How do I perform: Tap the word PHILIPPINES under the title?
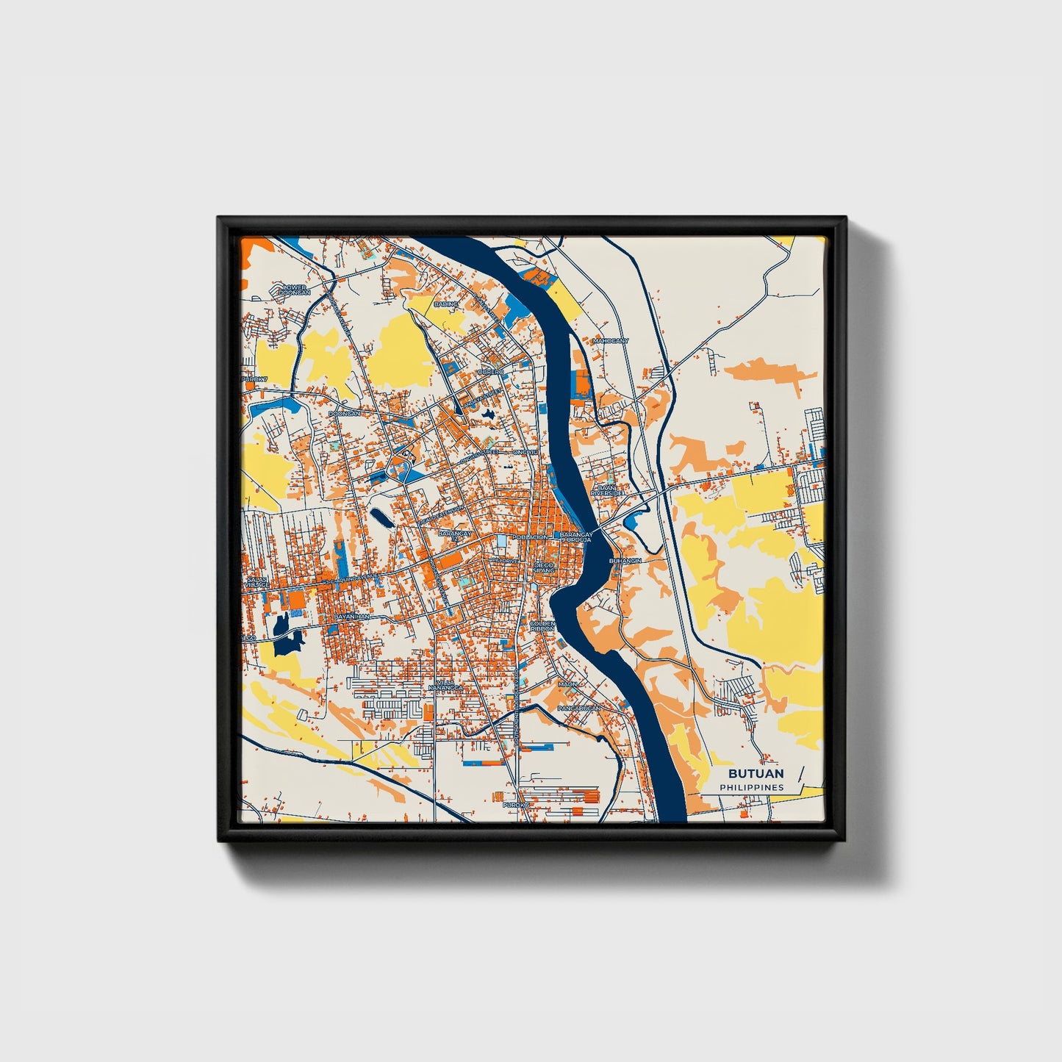(752, 787)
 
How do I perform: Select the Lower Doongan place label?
(294, 290)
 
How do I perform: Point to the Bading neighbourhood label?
(446, 304)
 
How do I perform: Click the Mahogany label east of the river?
(611, 341)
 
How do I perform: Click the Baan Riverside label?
(607, 490)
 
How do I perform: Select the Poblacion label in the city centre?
(530, 537)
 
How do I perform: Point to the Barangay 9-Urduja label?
(575, 537)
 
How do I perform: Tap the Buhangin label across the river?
(625, 561)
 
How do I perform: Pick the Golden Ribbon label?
(542, 627)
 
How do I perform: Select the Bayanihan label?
(351, 617)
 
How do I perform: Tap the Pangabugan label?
(579, 708)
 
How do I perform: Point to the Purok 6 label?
(516, 805)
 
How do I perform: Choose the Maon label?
(567, 684)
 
